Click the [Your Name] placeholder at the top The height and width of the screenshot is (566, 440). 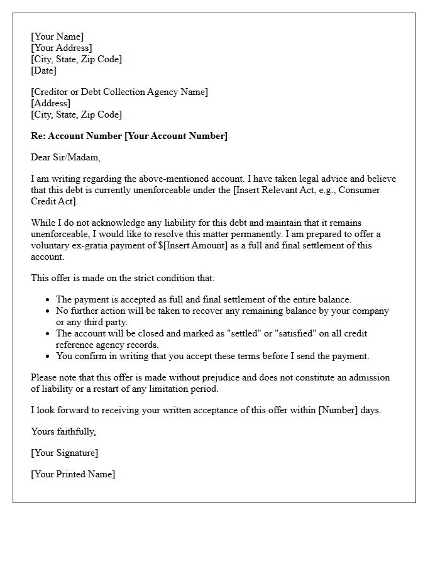(x=57, y=36)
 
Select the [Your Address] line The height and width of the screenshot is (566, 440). (x=62, y=48)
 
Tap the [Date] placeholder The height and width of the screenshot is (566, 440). (x=43, y=70)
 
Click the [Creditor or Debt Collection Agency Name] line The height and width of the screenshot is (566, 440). (x=119, y=92)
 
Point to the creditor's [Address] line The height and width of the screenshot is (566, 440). (x=50, y=103)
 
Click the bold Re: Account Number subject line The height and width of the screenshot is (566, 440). (x=129, y=136)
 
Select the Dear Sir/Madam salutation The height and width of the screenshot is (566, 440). (x=65, y=157)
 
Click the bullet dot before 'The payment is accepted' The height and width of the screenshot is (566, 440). (x=48, y=300)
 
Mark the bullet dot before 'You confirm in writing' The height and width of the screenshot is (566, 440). (x=48, y=357)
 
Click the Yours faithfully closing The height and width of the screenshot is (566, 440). (x=63, y=431)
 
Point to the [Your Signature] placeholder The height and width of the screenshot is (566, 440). (x=64, y=453)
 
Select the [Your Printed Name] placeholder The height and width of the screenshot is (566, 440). (x=73, y=474)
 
